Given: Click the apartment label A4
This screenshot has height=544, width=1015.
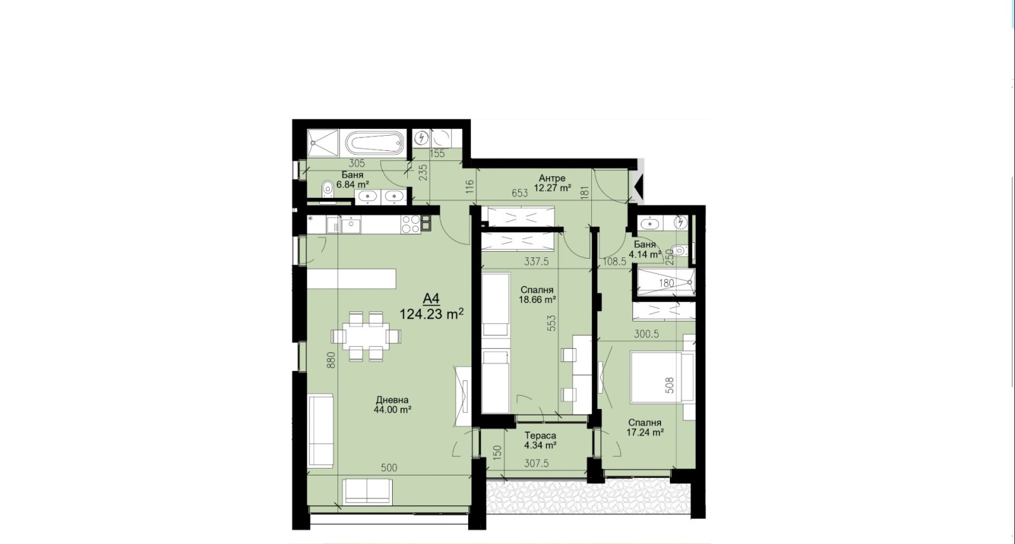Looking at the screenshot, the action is (x=431, y=299).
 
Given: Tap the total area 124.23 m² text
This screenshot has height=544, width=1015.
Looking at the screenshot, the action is (x=431, y=314).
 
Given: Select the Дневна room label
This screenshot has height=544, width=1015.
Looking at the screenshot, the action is (x=393, y=400).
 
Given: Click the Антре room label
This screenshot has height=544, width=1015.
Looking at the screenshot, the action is (x=552, y=178).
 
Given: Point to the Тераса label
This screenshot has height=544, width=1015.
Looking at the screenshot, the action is (x=540, y=436).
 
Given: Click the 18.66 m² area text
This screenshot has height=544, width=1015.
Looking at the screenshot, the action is (x=537, y=299).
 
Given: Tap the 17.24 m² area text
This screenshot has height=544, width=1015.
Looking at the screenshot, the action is (x=645, y=432).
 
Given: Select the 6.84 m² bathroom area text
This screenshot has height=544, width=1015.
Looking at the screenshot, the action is (x=352, y=185).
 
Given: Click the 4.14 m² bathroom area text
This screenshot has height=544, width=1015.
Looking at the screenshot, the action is (x=645, y=254).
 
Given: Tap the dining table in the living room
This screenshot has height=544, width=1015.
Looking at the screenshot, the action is (x=366, y=337).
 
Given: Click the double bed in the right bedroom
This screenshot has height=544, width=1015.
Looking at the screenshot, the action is (x=662, y=377).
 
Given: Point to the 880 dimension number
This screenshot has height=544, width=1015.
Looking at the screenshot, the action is (x=331, y=360).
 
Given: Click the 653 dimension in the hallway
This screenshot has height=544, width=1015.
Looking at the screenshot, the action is (x=520, y=193).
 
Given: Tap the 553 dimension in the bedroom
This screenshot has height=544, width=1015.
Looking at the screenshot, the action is (x=551, y=323).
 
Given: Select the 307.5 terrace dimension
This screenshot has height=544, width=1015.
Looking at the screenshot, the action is (x=536, y=464).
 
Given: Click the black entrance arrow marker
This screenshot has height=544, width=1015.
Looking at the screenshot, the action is (x=639, y=186).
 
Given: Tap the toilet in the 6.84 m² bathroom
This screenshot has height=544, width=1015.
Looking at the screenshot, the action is (x=327, y=190).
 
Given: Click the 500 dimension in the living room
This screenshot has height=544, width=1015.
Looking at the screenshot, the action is (x=389, y=468).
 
